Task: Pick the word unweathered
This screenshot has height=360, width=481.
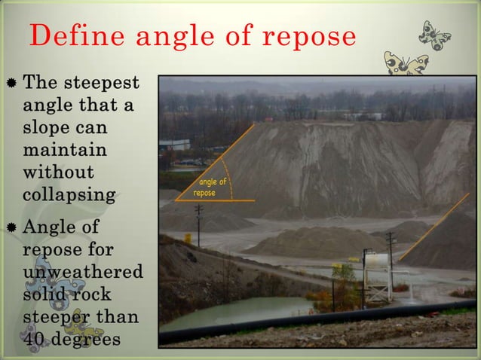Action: click(83, 271)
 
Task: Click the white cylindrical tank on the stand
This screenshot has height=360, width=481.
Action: click(376, 263)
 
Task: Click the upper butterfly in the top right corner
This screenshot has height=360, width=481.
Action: click(436, 35)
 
